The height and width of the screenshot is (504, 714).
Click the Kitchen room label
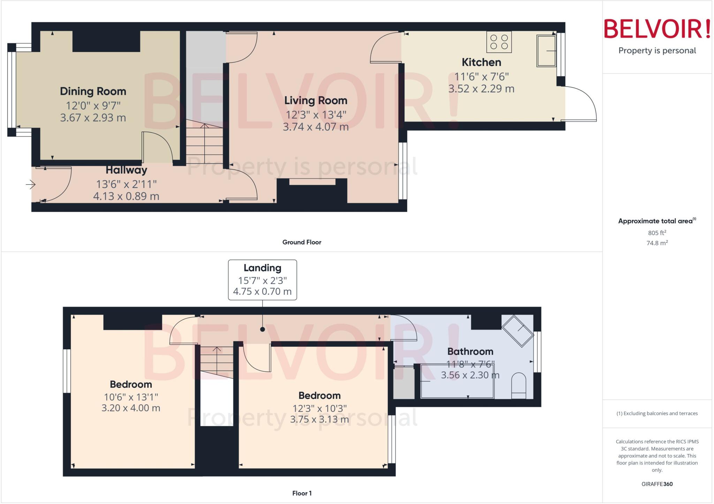481,62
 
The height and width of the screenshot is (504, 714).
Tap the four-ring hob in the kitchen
499,42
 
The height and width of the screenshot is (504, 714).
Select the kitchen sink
546,51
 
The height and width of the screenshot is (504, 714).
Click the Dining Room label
93,91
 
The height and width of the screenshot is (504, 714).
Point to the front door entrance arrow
31,184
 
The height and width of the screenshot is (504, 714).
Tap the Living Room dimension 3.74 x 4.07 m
316,127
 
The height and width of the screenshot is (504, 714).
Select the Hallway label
126,170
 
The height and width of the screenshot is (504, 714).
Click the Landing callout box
262,280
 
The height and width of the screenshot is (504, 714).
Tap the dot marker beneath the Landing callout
263,329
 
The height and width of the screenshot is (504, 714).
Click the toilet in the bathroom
518,386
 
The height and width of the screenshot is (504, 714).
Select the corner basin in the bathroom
518,331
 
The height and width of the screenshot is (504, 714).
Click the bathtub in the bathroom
457,381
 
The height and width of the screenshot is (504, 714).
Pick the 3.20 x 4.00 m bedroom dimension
131,408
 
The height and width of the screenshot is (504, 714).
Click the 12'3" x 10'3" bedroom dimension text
319,408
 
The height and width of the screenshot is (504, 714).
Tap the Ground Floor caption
302,242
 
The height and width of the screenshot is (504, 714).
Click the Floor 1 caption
302,493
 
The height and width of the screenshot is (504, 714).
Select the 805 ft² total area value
657,233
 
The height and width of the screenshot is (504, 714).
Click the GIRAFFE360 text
657,484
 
